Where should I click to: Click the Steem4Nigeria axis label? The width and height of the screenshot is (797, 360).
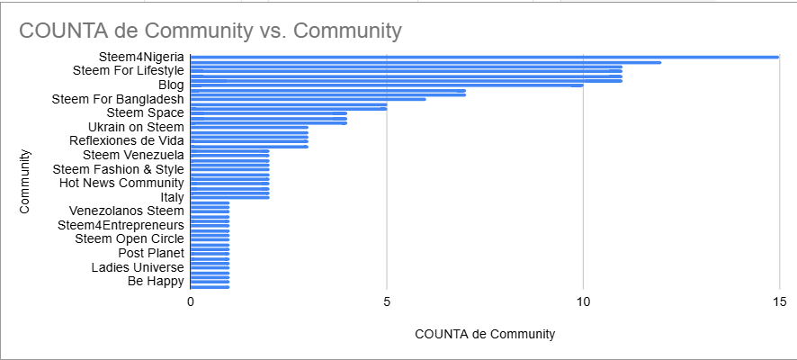point(141,57)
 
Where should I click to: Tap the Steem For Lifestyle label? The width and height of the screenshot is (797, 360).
point(128,70)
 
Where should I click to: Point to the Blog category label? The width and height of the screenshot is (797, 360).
point(171,85)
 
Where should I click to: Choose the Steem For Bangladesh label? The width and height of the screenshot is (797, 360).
point(118,99)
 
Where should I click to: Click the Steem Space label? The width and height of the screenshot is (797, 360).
point(145,112)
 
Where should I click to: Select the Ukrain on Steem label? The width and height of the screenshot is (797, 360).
point(136,127)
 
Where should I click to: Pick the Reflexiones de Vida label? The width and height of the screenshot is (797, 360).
point(127,140)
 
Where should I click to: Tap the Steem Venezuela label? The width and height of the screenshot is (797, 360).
point(132,155)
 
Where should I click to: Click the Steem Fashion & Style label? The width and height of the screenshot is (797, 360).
point(118,169)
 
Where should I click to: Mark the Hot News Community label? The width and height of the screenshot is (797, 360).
point(121,183)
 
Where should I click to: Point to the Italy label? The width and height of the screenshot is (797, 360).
point(172,197)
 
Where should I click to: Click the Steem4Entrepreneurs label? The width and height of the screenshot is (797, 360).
point(121,225)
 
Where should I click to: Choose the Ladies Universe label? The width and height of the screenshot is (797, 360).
point(138,267)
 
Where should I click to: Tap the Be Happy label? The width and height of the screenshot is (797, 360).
point(156,281)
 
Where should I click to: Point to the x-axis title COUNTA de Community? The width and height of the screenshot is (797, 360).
point(485,334)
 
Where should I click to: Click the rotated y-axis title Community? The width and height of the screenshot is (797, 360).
point(25,181)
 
